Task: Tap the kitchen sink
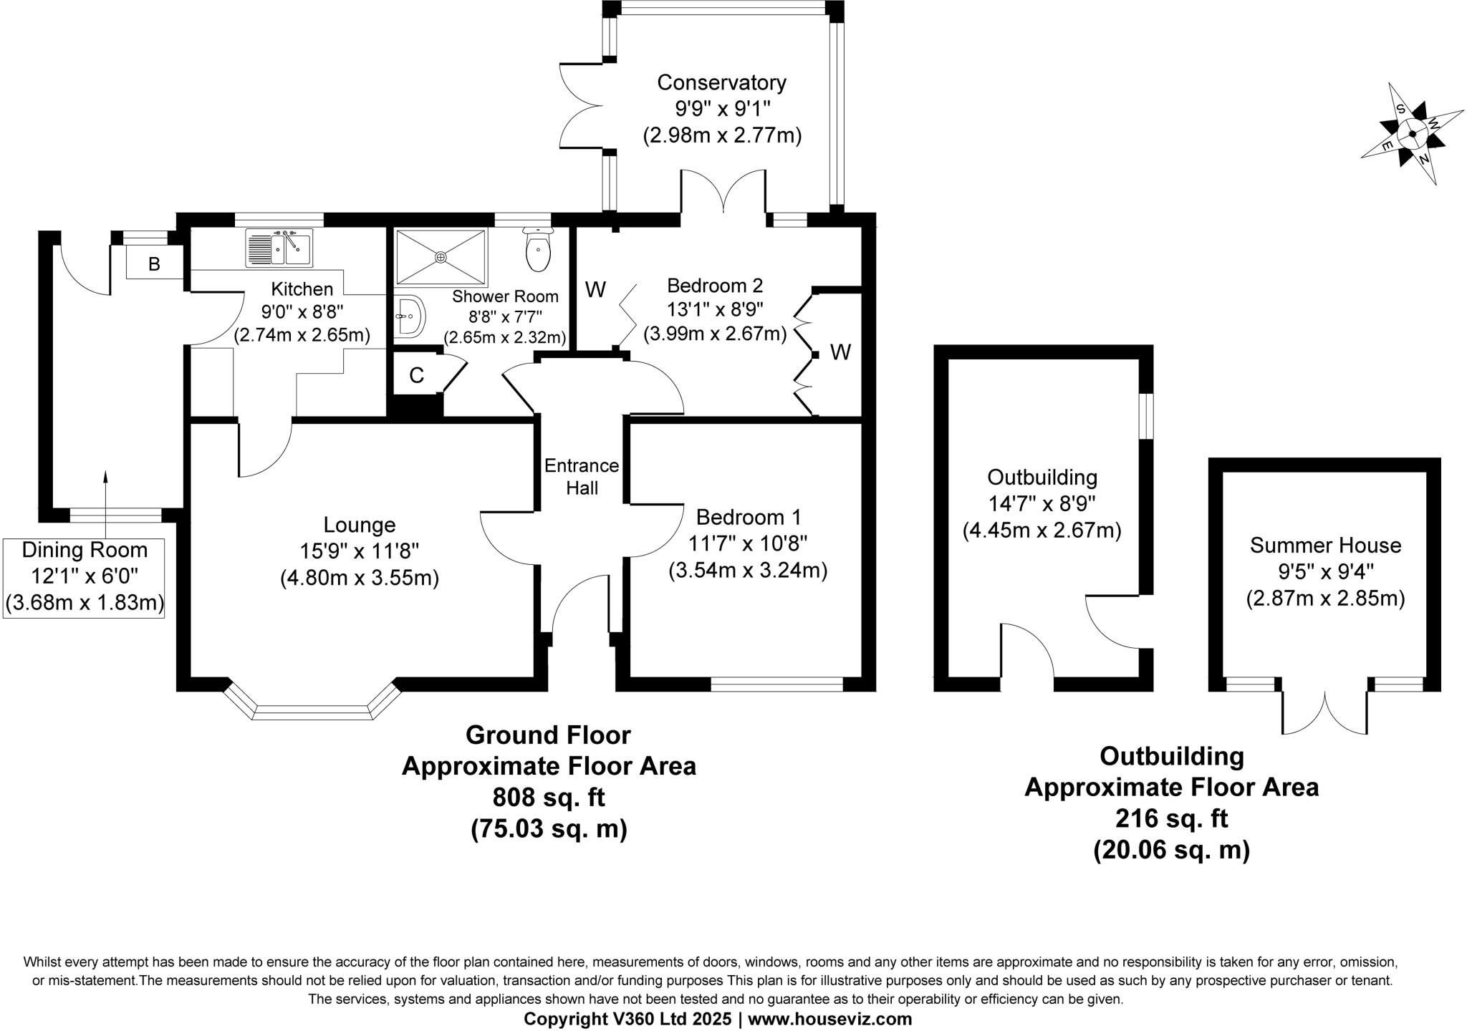279,248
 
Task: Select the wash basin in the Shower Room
410,316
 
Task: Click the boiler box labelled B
154,264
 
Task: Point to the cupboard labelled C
416,375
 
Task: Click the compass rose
1412,134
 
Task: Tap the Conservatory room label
721,83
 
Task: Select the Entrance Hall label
582,476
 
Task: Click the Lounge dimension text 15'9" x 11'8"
360,551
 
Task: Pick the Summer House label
1325,546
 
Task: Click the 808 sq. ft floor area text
549,797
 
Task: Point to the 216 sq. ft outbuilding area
1171,818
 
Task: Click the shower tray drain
441,256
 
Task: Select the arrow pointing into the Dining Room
106,501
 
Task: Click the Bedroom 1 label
749,517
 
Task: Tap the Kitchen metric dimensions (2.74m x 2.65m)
302,335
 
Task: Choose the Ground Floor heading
548,735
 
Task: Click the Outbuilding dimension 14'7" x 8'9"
1042,504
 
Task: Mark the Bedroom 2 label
715,286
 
